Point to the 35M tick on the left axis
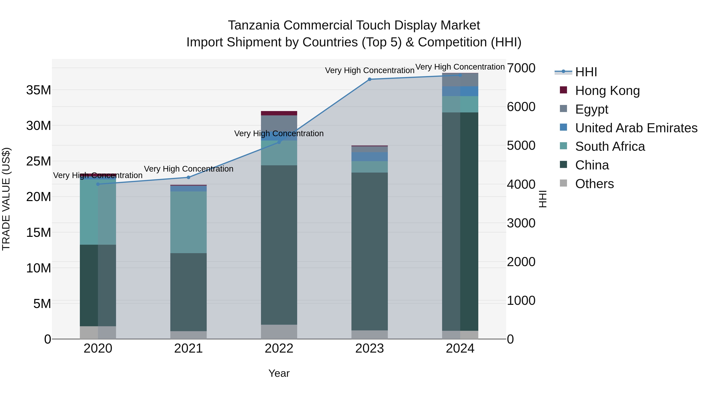[x=39, y=90]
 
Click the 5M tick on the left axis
[x=42, y=304]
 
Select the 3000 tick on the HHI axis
[x=521, y=223]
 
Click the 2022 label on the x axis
[x=279, y=348]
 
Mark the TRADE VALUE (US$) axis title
[x=6, y=199]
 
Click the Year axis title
[x=279, y=373]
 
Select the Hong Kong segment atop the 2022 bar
[x=279, y=113]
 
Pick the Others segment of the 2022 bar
[x=279, y=332]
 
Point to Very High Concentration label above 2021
[x=189, y=169]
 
